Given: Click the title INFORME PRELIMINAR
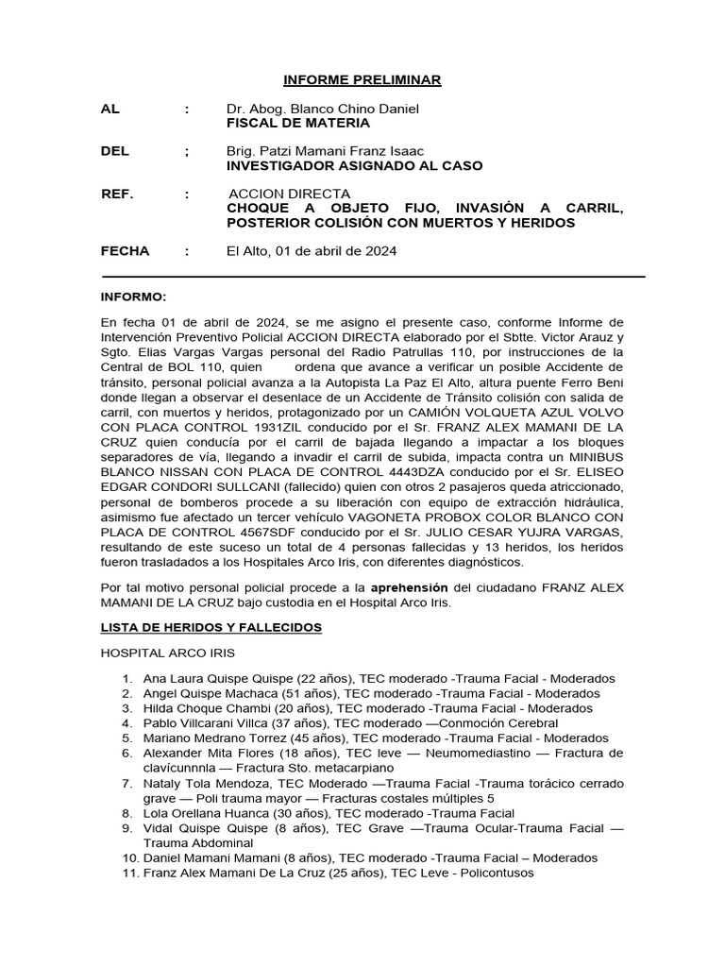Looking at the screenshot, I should [363, 80].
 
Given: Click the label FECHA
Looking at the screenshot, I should [125, 251].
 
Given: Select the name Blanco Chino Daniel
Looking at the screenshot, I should [351, 109].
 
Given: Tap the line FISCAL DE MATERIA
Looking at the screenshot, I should [298, 123].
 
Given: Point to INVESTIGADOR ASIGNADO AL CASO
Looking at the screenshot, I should [354, 165].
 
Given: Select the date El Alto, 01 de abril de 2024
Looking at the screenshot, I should [312, 251].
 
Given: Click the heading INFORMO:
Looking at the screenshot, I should [133, 296].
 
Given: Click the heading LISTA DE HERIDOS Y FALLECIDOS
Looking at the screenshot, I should [211, 627].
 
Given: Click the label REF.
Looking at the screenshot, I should [118, 195].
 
